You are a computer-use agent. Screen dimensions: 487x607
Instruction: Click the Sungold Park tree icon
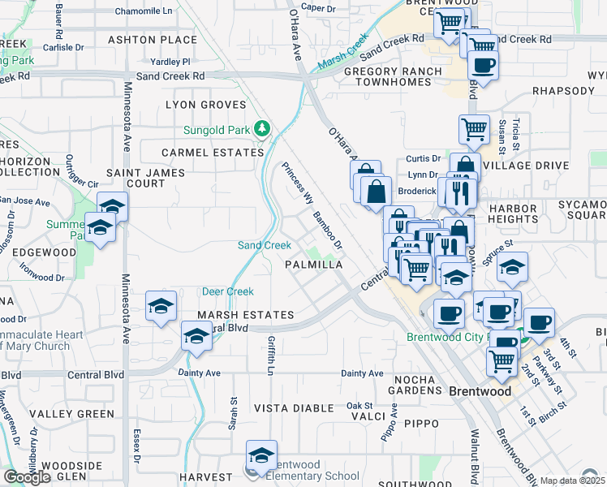pos(262,127)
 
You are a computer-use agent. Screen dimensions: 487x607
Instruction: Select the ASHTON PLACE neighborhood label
pos(153,40)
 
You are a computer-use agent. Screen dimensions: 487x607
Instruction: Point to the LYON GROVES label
pos(205,105)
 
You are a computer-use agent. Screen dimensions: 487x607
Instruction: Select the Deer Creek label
pos(228,291)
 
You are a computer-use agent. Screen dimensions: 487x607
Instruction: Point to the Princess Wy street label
pos(297,184)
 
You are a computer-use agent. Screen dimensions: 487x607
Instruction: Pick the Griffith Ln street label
pos(270,358)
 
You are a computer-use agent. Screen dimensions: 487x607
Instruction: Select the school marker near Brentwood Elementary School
pos(261,457)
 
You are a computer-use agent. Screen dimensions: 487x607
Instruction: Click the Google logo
pos(27,477)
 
